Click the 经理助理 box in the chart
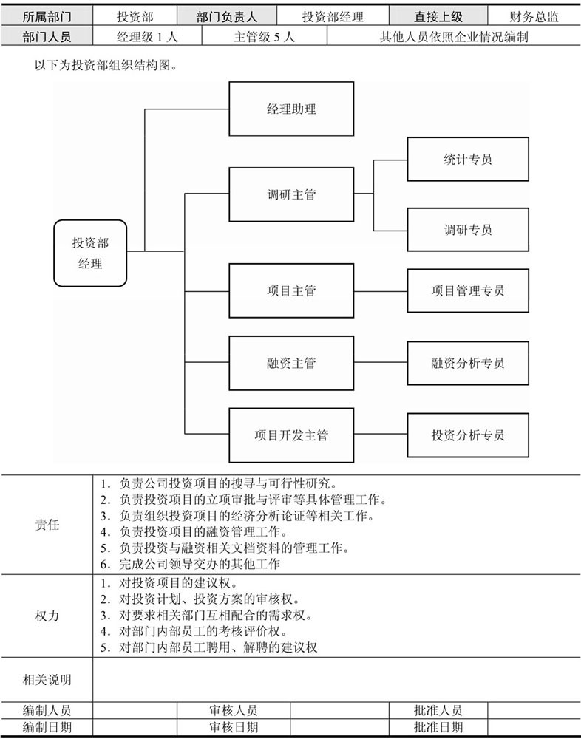tap(291, 109)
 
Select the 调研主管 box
tap(291, 194)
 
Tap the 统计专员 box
tap(468, 160)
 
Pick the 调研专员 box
tap(468, 230)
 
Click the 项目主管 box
tap(291, 290)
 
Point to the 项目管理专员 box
tap(468, 290)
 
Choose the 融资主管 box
tap(291, 363)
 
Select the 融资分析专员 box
tap(468, 363)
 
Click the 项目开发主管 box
tap(291, 435)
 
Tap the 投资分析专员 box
tap(468, 435)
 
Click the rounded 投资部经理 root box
tap(90, 253)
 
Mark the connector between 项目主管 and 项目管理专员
tap(381, 291)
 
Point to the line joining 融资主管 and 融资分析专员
tap(381, 362)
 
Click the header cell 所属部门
tap(47, 17)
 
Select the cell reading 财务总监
tap(534, 17)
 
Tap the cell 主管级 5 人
tap(264, 36)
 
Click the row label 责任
tap(47, 525)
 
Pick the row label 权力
tap(47, 616)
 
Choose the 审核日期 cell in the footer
tap(234, 727)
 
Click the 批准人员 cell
tap(438, 710)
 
